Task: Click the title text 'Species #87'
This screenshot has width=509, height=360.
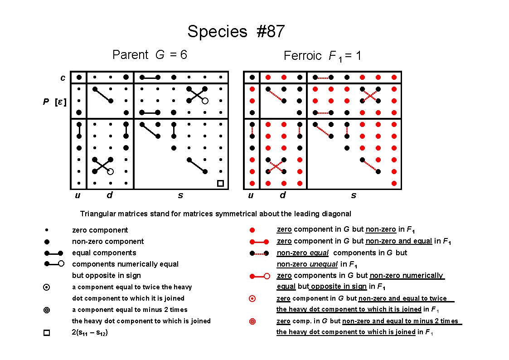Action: [236, 31]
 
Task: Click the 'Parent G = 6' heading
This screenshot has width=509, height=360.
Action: [150, 54]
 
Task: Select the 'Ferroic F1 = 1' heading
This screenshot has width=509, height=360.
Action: [322, 56]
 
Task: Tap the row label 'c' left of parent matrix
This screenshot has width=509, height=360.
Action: [63, 78]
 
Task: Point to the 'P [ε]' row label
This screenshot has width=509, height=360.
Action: [54, 102]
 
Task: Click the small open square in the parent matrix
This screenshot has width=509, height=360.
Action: [220, 184]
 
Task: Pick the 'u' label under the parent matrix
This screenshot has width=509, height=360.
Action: [78, 195]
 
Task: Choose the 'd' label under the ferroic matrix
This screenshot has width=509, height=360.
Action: [283, 195]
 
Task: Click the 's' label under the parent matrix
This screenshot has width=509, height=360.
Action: [180, 195]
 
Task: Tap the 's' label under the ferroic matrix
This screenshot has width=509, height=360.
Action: [354, 195]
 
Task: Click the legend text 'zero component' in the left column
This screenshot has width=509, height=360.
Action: [100, 230]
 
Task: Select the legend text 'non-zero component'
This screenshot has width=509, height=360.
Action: [108, 241]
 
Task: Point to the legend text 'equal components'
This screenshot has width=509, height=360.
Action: [104, 253]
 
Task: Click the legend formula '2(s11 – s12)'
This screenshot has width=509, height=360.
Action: [90, 332]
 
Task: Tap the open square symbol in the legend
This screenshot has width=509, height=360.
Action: [47, 333]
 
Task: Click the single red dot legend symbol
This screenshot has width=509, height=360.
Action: [252, 230]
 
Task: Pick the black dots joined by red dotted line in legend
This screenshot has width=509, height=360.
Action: [259, 253]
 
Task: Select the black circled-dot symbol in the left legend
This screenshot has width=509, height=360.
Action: [47, 287]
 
